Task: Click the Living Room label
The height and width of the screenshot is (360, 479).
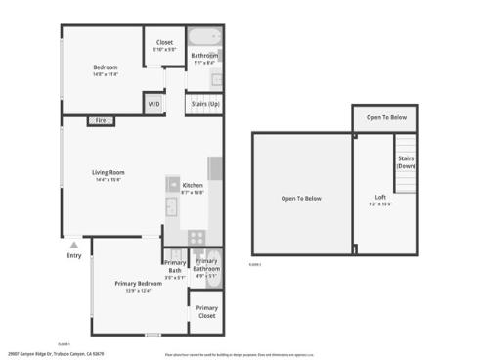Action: pyautogui.click(x=109, y=172)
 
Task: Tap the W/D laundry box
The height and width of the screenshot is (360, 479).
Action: pyautogui.click(x=153, y=103)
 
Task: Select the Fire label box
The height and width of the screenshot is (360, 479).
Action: pyautogui.click(x=100, y=120)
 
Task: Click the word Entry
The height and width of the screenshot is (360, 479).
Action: pyautogui.click(x=74, y=255)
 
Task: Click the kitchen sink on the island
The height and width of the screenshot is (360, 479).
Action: pyautogui.click(x=172, y=185)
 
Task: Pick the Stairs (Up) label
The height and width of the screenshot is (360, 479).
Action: pyautogui.click(x=204, y=103)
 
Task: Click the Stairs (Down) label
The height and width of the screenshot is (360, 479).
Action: pyautogui.click(x=407, y=162)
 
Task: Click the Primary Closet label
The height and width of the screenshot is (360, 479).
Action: pyautogui.click(x=206, y=312)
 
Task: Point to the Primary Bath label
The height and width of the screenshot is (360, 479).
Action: pyautogui.click(x=175, y=266)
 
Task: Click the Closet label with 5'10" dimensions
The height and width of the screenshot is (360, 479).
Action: pyautogui.click(x=164, y=42)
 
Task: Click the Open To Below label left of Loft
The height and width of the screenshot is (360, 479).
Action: pyautogui.click(x=301, y=199)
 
